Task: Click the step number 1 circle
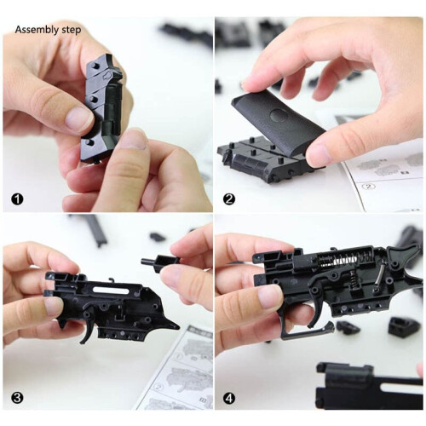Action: point(15,201)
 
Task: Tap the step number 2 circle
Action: point(228,201)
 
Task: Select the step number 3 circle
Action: point(15,397)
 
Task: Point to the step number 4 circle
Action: point(228,397)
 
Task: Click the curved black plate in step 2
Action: point(285,119)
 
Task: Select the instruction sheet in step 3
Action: point(183,375)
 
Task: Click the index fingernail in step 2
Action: point(253,81)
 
